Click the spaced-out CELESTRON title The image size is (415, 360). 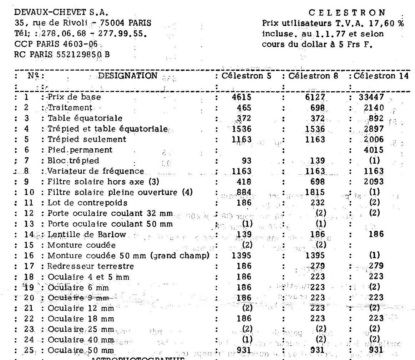(348, 13)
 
